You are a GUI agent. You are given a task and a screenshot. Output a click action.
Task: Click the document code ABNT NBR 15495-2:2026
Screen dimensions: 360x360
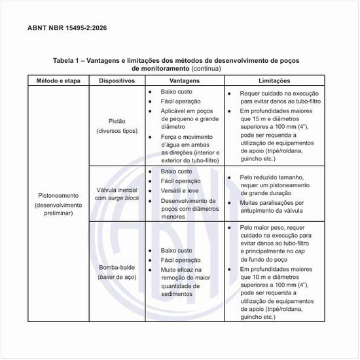[68, 29]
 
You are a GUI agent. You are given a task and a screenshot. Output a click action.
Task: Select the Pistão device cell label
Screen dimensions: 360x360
[117, 122]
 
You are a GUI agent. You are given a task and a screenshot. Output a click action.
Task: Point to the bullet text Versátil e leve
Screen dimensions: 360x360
[180, 190]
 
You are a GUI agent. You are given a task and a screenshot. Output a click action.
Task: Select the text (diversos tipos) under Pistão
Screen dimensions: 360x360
[117, 132]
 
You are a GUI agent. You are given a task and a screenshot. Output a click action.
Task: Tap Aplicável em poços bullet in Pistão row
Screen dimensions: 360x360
[187, 112]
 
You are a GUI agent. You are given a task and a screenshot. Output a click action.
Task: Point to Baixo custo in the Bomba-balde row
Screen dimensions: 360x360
[176, 251]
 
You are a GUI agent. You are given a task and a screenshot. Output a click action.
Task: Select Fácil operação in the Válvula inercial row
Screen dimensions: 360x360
[180, 181]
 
